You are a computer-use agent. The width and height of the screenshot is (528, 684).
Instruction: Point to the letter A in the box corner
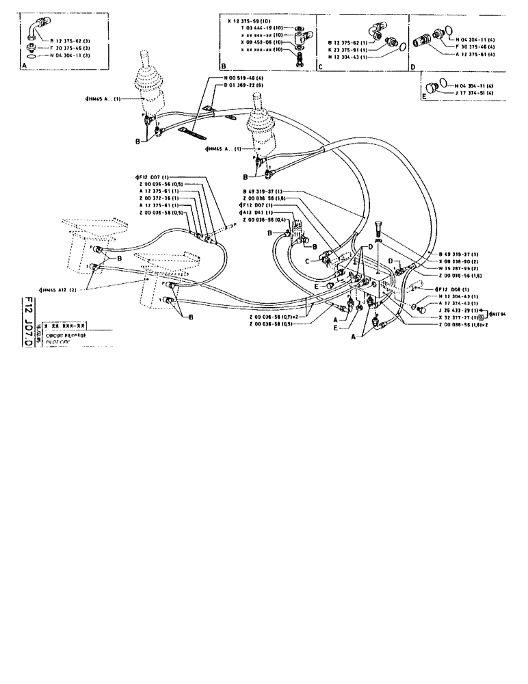[x=25, y=64]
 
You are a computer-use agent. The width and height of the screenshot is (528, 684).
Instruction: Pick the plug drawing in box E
[x=432, y=87]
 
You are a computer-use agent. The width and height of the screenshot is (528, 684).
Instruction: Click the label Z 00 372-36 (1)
[x=159, y=198]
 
